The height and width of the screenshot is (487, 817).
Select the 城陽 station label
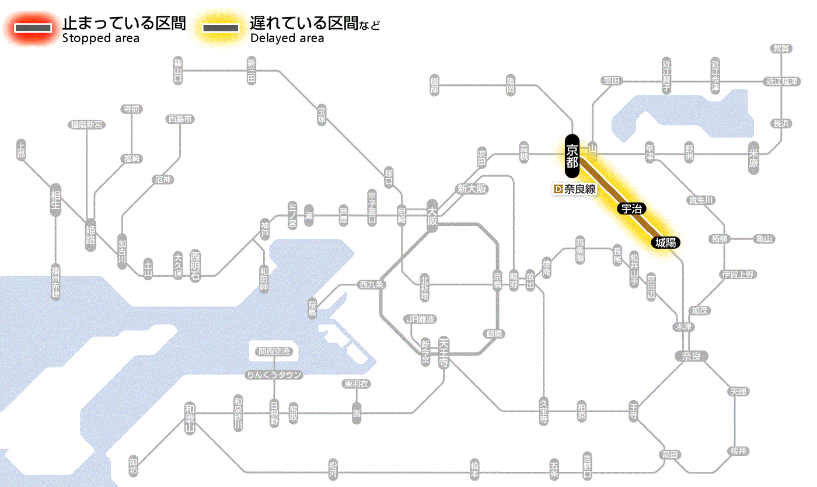(x=666, y=242)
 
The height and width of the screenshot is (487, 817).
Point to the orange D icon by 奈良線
(x=557, y=189)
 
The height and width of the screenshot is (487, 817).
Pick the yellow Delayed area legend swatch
(x=220, y=28)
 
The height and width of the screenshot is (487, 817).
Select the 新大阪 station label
(x=472, y=189)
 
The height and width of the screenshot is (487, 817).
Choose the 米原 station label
(x=753, y=158)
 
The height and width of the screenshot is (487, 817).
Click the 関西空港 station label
(x=274, y=352)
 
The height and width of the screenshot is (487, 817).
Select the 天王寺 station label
(x=444, y=352)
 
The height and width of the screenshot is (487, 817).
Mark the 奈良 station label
(x=691, y=356)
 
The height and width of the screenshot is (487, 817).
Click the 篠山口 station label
(x=178, y=70)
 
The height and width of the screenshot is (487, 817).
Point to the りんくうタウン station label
(x=274, y=375)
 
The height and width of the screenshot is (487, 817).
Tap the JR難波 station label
(x=420, y=319)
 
